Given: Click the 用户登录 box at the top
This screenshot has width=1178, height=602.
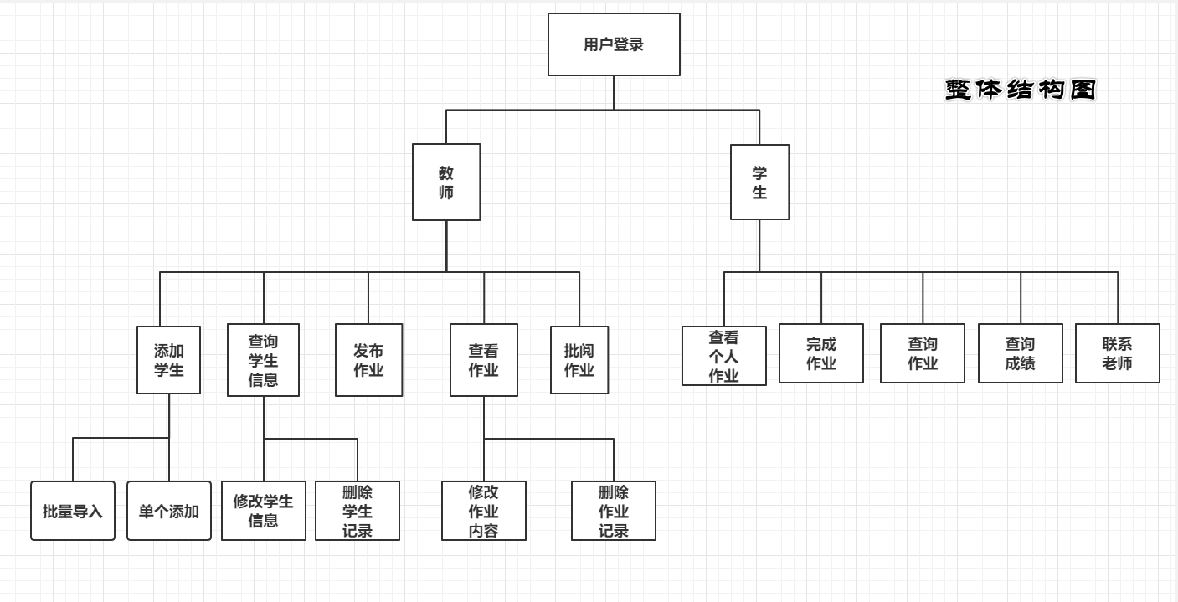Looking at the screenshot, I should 614,44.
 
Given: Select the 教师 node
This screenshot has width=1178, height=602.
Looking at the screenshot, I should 446,183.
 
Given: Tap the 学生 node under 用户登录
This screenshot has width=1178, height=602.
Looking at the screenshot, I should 759,183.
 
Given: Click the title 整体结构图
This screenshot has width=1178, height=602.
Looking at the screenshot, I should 1021,90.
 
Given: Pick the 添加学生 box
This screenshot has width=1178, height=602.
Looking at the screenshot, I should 169,360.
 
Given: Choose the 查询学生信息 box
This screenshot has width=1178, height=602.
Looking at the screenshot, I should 263,360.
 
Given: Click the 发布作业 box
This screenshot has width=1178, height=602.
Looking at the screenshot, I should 368,360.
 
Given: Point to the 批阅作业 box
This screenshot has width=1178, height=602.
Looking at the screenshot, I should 579,360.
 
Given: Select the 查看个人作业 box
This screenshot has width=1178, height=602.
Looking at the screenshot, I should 724,356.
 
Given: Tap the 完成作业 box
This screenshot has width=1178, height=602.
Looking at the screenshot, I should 821,353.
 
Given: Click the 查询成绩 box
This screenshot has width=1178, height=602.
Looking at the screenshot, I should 1021,353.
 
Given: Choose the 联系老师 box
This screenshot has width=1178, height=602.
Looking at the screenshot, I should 1118,353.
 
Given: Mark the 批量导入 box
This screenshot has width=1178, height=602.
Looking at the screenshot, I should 73,511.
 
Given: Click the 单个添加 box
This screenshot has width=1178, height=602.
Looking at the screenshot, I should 169,511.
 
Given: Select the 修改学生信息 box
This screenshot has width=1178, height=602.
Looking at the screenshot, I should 264,511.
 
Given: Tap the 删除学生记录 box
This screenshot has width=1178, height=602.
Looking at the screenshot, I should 358,511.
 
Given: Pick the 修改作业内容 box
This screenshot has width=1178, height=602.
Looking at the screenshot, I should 484,511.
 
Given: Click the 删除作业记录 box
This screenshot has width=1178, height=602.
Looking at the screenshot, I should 614,511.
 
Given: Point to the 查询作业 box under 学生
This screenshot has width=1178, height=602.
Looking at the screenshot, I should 923,353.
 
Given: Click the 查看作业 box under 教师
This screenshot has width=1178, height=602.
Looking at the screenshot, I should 484,360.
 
